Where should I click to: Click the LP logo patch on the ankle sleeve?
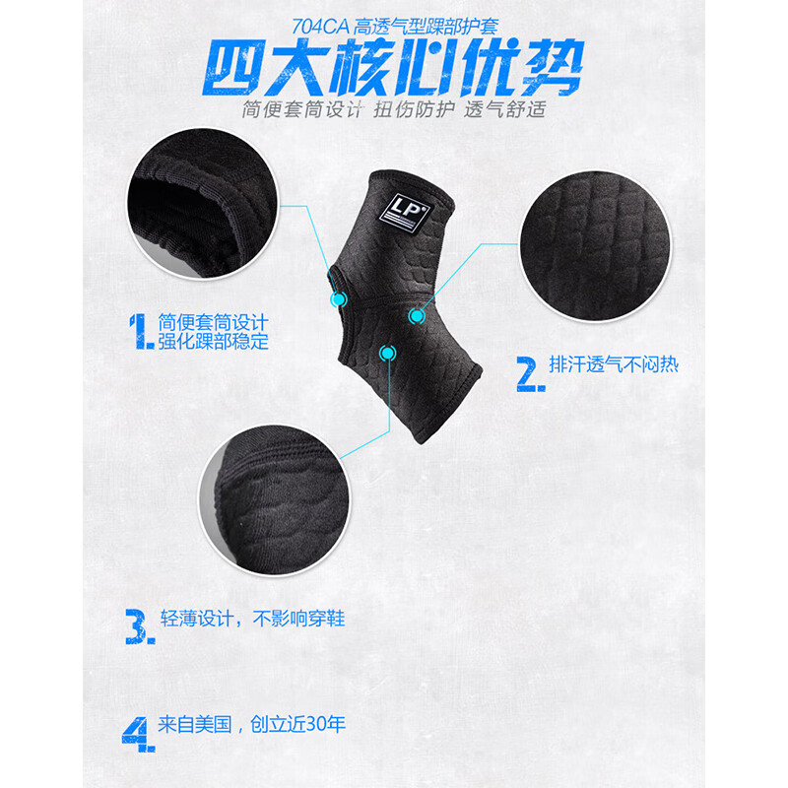pos(405,213)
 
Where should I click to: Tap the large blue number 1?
pos(140,331)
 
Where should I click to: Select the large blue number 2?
pos(530,374)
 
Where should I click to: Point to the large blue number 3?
pos(139,626)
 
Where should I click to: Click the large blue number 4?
pos(138,734)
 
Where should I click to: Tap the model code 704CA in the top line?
pos(320,27)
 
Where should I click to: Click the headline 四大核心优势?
pos(392,68)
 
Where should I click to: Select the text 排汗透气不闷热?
pos(614,363)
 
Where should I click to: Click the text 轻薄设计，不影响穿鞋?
pos(252,619)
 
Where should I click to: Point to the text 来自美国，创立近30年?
pos(251,724)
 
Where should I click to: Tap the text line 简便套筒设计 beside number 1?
pos(213,322)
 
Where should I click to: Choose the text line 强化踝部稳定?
pos(213,341)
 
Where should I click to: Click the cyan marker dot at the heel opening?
pos(339,299)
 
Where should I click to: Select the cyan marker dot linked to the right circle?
pos(416,316)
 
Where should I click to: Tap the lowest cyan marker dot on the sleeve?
pos(387,354)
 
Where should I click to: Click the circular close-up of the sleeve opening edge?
pos(202,203)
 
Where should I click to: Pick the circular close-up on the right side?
pos(595,245)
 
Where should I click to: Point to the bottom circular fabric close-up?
pos(275,499)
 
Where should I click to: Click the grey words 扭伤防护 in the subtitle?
pos(414,109)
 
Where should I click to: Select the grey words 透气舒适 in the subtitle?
pos(504,109)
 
